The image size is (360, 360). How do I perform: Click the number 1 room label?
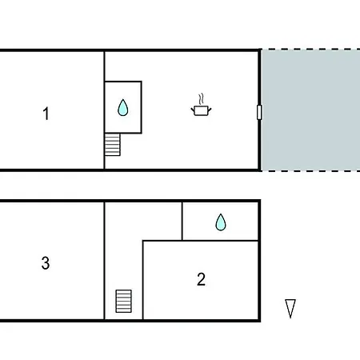[x=46, y=114]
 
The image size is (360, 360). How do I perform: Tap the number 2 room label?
[x=202, y=279]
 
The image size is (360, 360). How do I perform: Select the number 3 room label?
[x=46, y=263]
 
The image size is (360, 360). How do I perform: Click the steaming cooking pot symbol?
[x=202, y=105]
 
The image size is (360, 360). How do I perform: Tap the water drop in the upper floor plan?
[x=123, y=108]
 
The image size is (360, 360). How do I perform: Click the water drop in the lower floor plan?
[x=221, y=222]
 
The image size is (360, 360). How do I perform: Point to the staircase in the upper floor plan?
[x=112, y=145]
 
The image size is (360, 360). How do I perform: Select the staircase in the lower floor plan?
[x=124, y=301]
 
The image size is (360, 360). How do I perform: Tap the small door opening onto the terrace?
[x=259, y=112]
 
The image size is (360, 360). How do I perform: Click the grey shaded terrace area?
[x=310, y=110]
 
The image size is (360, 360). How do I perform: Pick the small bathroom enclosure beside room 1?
[x=123, y=107]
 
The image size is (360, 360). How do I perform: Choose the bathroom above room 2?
[x=220, y=221]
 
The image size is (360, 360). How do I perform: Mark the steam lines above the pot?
[x=202, y=99]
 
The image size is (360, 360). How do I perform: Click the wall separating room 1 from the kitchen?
[x=104, y=110]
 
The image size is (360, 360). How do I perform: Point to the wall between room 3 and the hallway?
[x=104, y=261]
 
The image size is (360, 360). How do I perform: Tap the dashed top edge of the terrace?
[x=310, y=50]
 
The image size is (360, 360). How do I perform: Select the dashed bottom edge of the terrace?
[x=310, y=170]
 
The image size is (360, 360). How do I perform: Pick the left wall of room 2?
[x=143, y=280]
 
